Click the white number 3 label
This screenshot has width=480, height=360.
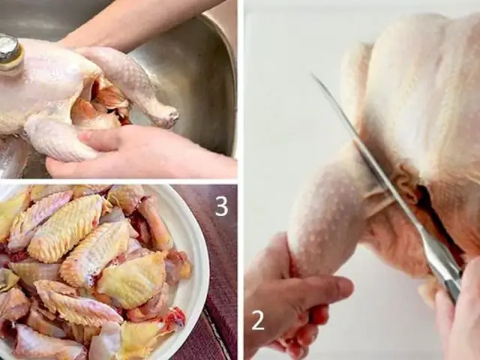point(221,205)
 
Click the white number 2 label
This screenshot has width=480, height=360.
point(258,320)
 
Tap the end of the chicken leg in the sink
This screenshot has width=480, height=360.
point(166,115)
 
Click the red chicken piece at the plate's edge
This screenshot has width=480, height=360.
point(173,319)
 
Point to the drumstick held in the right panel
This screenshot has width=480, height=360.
point(330,217)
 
